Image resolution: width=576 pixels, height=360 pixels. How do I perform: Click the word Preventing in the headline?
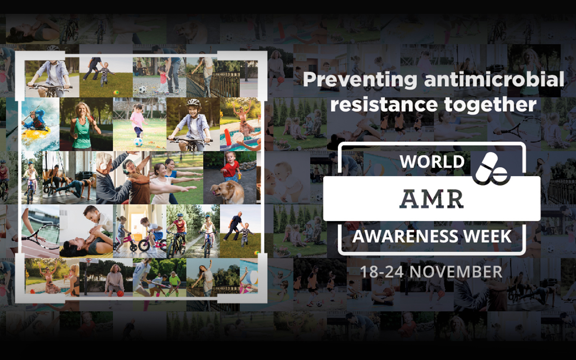[x=360, y=80]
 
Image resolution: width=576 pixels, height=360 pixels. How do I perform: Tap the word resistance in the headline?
[x=384, y=104]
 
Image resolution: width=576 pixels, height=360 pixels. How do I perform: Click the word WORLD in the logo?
[x=432, y=162]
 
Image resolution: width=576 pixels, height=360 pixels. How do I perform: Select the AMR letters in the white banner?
[x=432, y=199]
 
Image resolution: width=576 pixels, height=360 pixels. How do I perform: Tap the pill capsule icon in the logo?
[x=491, y=169]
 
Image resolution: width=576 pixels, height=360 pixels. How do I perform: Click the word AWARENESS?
[x=405, y=236]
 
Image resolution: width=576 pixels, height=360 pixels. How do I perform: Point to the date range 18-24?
[x=382, y=272]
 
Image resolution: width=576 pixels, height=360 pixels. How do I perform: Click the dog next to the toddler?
[x=228, y=192]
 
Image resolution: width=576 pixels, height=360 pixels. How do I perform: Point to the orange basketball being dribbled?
[x=120, y=293]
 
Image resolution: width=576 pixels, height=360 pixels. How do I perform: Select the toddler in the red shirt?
[x=231, y=166]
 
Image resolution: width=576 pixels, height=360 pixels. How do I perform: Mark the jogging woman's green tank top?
[x=82, y=133]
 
